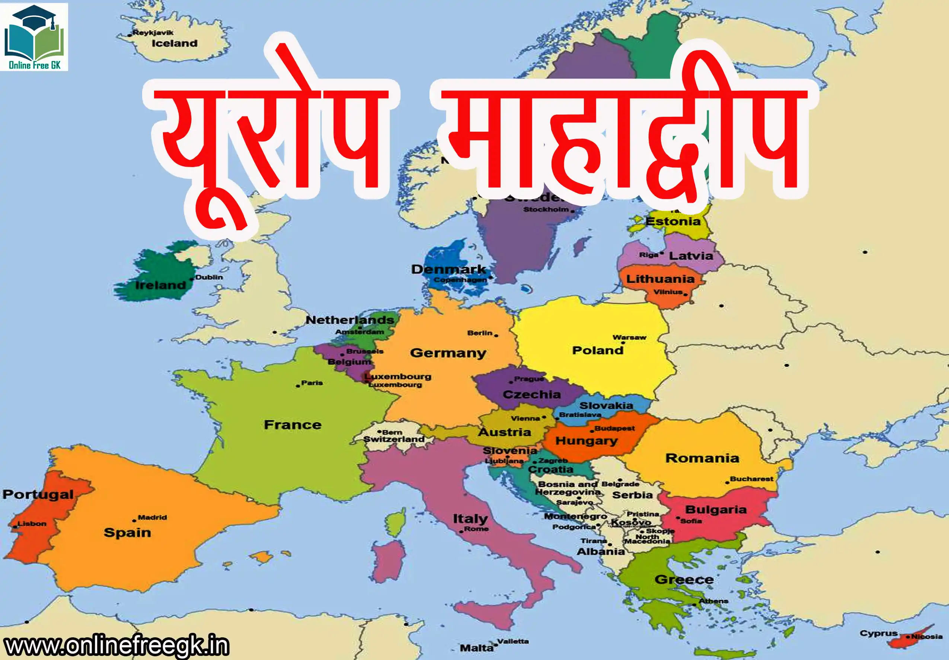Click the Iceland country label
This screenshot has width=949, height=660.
point(175,44)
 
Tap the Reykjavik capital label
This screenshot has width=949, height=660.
point(153,33)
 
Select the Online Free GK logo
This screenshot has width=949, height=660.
point(34,37)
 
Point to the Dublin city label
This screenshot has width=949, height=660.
point(209,277)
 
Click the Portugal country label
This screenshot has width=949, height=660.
point(38,494)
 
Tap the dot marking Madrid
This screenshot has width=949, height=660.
point(134,520)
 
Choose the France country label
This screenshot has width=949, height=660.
point(293,425)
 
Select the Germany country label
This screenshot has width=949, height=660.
point(448,353)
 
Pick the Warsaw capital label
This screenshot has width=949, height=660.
point(629,337)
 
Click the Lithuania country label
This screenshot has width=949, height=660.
point(660,279)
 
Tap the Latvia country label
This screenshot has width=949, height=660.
point(691,256)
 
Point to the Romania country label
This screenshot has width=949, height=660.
point(702,458)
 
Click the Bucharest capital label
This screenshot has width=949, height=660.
point(751,478)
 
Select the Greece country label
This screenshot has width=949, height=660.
point(684,579)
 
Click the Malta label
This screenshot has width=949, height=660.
point(477,648)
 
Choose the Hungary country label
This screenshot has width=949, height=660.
point(587,440)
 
